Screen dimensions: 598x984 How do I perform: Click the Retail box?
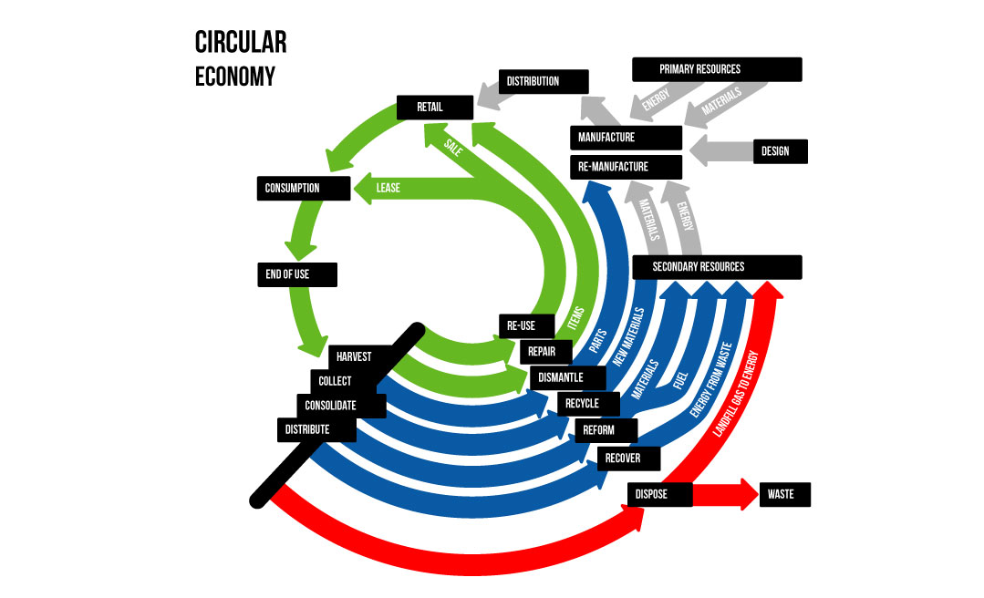[x=434, y=108]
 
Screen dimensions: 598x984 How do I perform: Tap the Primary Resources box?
[x=717, y=69]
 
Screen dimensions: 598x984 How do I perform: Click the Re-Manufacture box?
[x=627, y=167]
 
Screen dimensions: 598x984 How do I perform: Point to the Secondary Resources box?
[x=717, y=267]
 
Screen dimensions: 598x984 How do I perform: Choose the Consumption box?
[x=304, y=189]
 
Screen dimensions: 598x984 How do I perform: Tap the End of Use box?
[x=297, y=274]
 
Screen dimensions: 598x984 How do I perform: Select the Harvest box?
[x=361, y=356]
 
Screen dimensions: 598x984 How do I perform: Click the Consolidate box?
[x=341, y=405]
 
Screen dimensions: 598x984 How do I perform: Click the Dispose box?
[x=659, y=495]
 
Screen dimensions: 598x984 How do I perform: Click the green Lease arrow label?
[x=388, y=189]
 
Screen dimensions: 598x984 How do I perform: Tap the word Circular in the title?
[x=241, y=43]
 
